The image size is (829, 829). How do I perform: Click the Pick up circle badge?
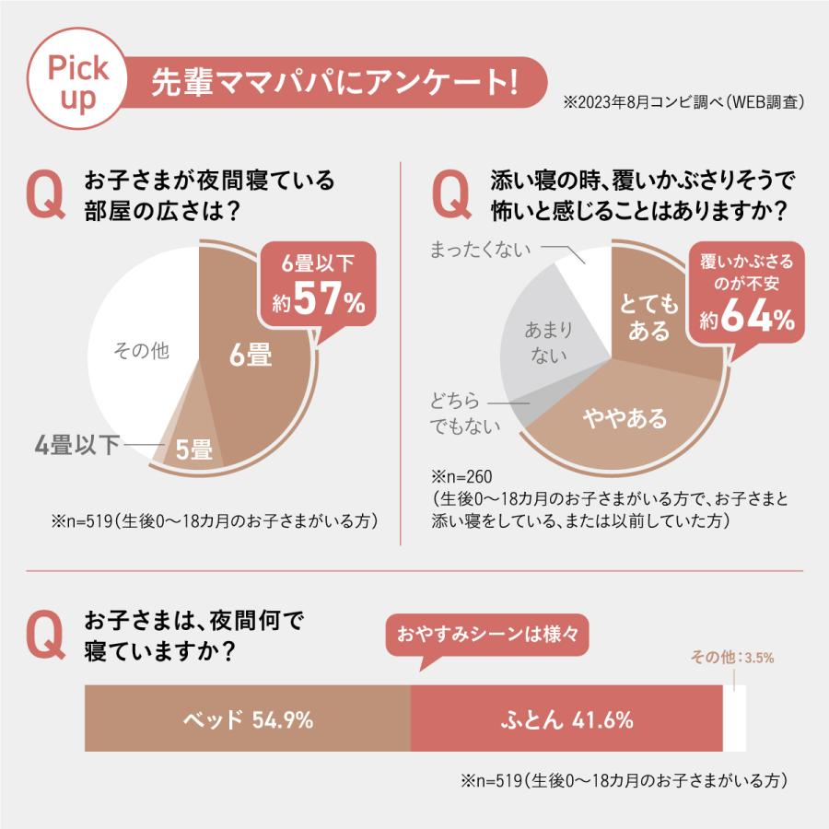click(x=78, y=82)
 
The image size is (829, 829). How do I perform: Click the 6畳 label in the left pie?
click(x=251, y=356)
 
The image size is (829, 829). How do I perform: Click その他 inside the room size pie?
click(x=140, y=351)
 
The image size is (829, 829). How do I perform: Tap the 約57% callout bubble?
click(x=319, y=285)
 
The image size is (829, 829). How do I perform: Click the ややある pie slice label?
click(x=625, y=419)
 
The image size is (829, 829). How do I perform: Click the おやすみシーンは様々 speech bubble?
click(x=485, y=636)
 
